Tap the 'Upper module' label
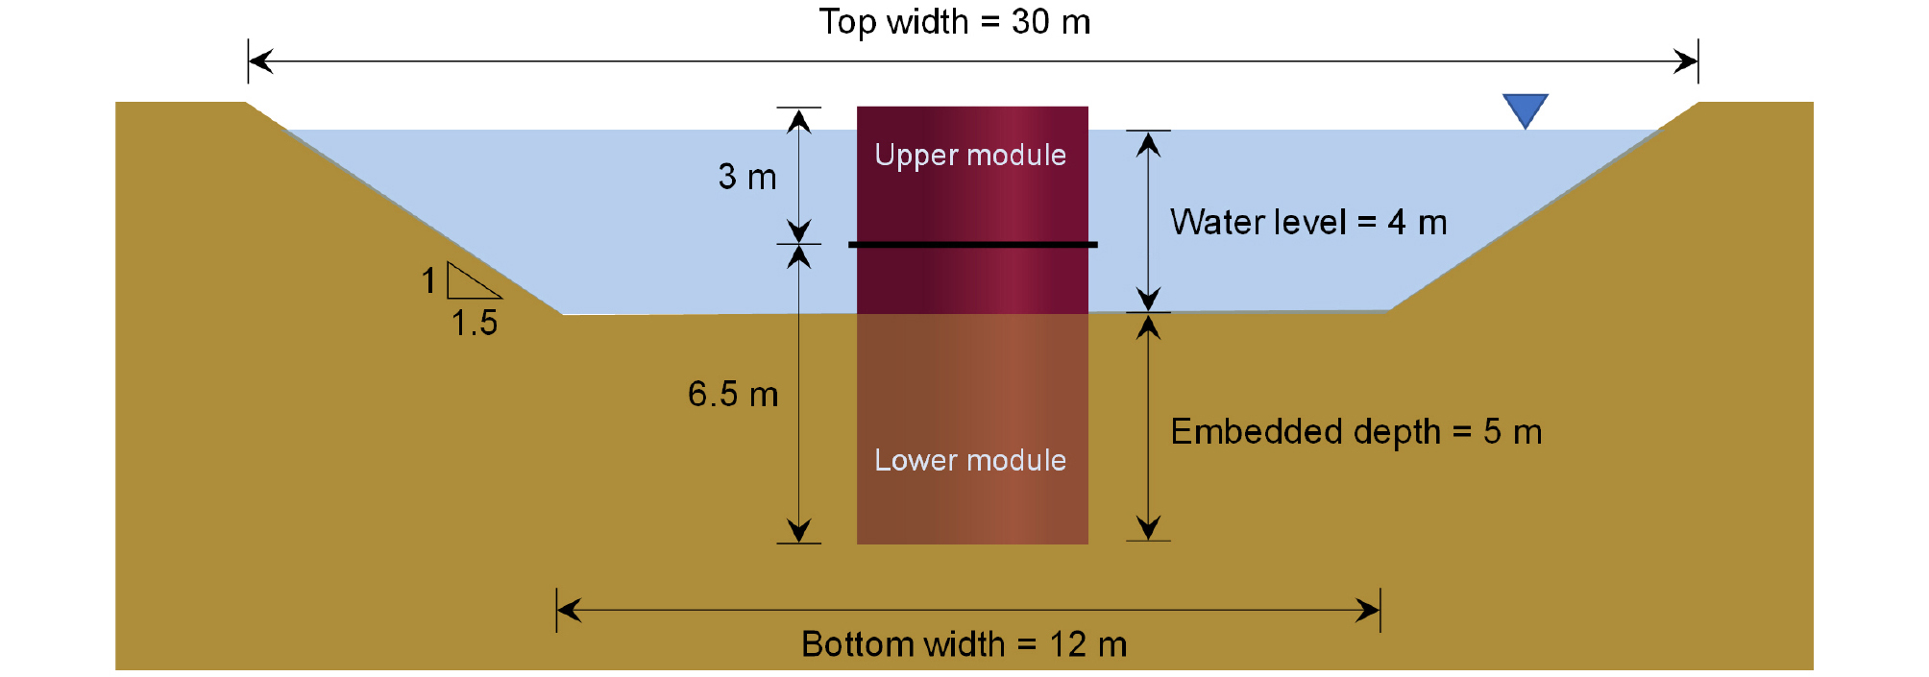pos(970,156)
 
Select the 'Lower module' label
pos(970,460)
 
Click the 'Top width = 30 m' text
pos(955,21)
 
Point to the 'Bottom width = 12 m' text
pos(964,643)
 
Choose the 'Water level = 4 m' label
pos(1308,223)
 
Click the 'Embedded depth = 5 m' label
pos(1356,432)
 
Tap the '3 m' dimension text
pos(747,177)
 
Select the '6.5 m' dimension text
pos(733,394)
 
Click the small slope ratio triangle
pos(471,281)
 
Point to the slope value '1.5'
pos(475,323)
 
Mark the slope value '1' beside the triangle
pos(428,280)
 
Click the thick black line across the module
pos(973,245)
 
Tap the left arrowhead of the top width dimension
pos(260,61)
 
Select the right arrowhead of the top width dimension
pos(1686,61)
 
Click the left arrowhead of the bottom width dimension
pos(569,610)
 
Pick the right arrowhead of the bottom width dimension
pos(1368,610)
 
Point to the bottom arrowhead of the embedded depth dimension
pos(1149,528)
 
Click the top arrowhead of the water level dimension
pos(1149,144)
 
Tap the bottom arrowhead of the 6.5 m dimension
pos(799,531)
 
